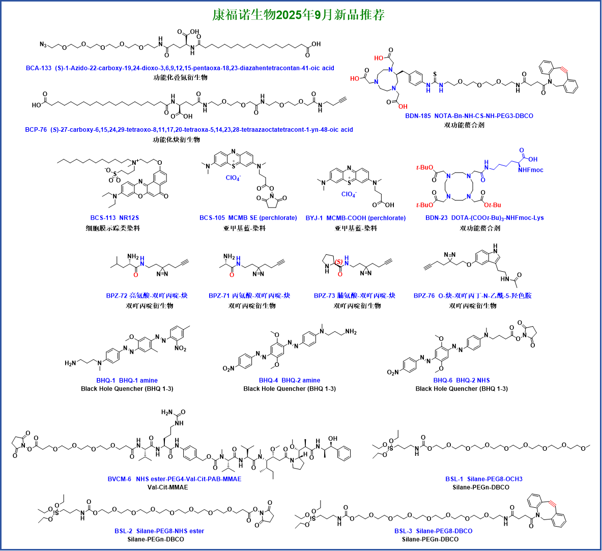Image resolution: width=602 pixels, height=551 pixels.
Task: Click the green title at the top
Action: point(298,15)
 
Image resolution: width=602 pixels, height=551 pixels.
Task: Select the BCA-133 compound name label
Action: point(180,68)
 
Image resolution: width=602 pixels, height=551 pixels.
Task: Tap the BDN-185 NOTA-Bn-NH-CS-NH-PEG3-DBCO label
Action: point(469,116)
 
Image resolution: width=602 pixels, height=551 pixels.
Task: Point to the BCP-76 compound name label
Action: point(189,130)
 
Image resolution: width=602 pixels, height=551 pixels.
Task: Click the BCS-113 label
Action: point(114,218)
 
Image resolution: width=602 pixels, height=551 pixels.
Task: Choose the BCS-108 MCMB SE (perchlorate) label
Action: point(248,218)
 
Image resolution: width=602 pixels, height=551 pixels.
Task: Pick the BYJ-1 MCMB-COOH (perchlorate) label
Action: point(355,218)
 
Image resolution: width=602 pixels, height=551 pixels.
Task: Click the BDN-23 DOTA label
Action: point(484,218)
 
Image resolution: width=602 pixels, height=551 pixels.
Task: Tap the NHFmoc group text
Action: point(531,170)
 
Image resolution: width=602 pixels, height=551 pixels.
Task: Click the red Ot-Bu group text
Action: point(492,205)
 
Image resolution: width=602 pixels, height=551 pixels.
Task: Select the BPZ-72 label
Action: point(147,296)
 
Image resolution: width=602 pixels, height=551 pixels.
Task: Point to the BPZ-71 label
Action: point(249,296)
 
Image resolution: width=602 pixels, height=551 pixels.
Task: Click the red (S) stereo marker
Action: point(338,262)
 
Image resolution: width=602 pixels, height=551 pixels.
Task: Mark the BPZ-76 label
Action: point(472,296)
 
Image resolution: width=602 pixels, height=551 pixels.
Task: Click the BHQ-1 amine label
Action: point(127,381)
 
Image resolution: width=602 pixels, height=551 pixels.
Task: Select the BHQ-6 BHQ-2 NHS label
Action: point(461,380)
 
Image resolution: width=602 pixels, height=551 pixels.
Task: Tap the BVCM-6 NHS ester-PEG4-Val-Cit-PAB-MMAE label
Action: point(174,479)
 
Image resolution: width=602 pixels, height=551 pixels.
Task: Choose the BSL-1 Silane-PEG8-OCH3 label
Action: point(483,479)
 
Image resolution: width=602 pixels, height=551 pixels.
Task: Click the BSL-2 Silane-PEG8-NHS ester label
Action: point(159,531)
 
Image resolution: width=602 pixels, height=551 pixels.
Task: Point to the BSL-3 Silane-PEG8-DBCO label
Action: point(433,531)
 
